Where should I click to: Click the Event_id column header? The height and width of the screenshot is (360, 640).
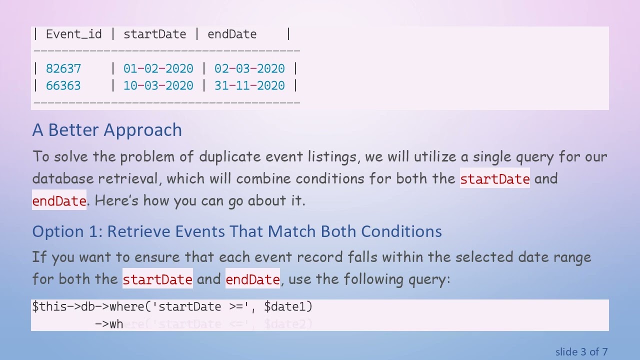pos(73,34)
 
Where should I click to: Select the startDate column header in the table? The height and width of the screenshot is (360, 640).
pos(154,34)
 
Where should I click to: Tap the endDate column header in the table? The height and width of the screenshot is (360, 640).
pos(232,34)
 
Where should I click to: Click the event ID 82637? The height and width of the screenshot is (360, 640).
pos(63,68)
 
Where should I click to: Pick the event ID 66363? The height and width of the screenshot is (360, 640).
pos(63,85)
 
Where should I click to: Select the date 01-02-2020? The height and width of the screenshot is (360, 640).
pos(158,68)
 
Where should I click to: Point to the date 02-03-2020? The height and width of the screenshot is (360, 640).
pos(249,68)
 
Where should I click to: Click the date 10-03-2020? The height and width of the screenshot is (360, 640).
pos(158,85)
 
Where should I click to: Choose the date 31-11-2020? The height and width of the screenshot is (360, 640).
pos(249,85)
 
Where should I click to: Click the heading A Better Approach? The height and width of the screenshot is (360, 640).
pos(107,130)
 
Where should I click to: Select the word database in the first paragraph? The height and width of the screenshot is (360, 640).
pos(63,178)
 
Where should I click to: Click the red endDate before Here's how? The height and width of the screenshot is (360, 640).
pos(59,201)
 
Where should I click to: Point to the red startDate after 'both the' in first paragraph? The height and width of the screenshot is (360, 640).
pos(494,179)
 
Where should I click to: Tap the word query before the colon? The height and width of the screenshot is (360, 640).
pos(426,279)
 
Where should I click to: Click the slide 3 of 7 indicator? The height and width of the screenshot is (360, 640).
pos(581,352)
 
